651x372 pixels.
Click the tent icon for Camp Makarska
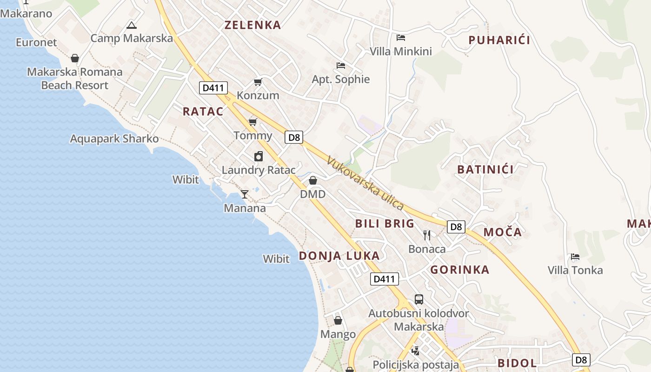tap(132, 25)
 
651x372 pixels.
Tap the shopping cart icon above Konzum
tap(258, 82)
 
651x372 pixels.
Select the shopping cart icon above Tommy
tap(252, 122)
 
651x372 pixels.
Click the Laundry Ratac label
tap(259, 170)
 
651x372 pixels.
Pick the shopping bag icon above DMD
tap(313, 180)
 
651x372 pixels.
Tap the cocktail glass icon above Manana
tap(245, 194)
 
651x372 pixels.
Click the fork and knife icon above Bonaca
tap(427, 235)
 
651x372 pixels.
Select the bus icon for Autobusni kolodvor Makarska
tap(419, 299)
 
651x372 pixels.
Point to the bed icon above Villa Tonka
tap(575, 257)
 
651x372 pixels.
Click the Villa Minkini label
tap(401, 51)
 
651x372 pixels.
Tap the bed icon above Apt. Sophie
tap(341, 66)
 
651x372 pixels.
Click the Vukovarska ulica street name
tap(365, 183)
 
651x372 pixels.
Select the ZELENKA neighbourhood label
tap(253, 25)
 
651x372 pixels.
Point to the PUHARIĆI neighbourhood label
tap(499, 40)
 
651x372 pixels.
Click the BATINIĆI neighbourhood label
tap(485, 169)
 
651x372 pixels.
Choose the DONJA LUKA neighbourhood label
tap(339, 256)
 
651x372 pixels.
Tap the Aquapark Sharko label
tap(114, 139)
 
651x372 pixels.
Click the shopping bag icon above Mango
tap(338, 320)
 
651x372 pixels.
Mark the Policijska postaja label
tap(416, 365)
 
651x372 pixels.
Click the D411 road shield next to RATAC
tap(213, 87)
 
